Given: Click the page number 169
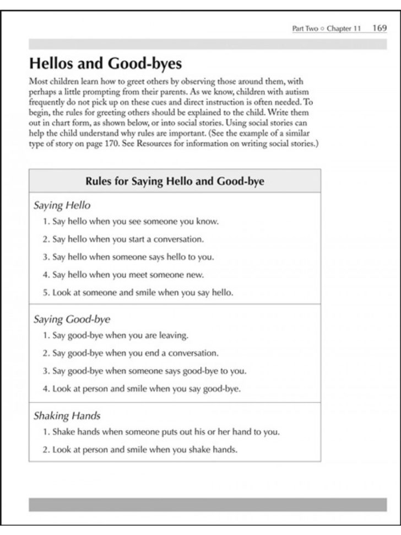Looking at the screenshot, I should tap(380, 29).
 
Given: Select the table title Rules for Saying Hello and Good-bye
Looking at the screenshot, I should tap(175, 181).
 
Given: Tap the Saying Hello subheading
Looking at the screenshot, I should tap(62, 206).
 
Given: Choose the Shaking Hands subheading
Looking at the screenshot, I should tap(67, 415).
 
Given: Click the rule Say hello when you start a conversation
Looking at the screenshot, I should tap(123, 239).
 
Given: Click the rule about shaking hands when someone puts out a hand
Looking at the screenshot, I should tap(161, 432).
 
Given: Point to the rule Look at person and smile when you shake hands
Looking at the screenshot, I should tap(139, 450).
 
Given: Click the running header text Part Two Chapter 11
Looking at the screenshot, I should tap(326, 29).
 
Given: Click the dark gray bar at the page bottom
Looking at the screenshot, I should tap(208, 504).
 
